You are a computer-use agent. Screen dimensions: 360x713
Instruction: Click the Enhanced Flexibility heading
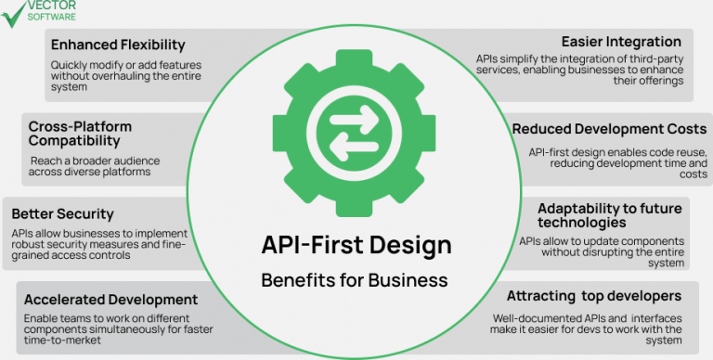click(118, 45)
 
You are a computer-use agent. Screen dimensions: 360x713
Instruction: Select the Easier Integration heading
click(621, 42)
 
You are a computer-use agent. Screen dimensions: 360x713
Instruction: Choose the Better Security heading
click(63, 214)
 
